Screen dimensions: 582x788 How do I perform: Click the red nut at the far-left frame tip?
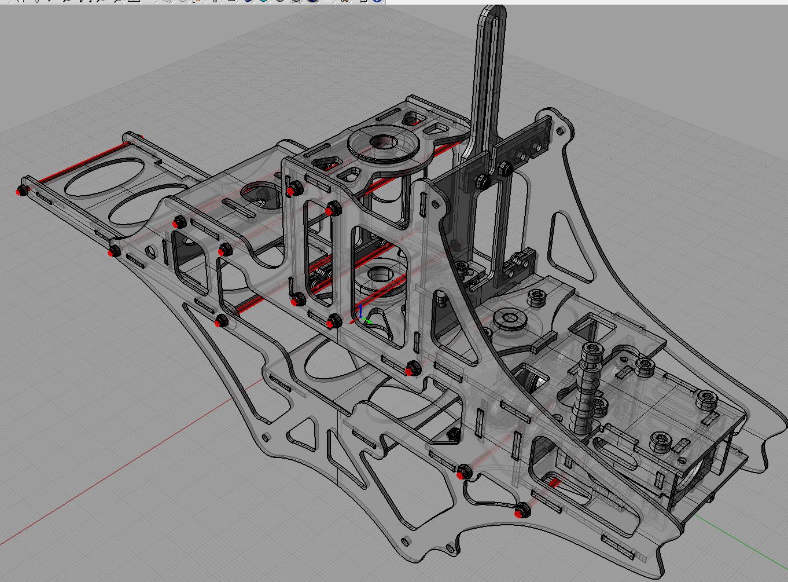pos(22,191)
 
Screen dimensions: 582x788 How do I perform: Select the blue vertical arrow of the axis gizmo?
pos(360,310)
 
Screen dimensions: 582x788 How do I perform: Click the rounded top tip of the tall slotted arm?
pos(491,12)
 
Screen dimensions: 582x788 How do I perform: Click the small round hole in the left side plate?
pos(151,252)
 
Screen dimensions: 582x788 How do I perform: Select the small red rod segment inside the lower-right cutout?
pos(554,482)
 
